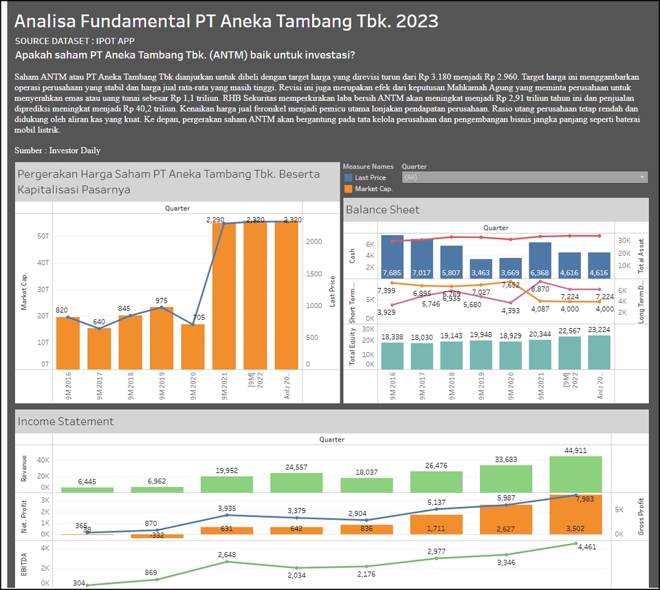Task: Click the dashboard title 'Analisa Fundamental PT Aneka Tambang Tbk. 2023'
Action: tap(226, 21)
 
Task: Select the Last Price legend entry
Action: tap(370, 177)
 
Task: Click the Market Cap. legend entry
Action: tap(373, 188)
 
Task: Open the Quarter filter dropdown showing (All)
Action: tap(524, 177)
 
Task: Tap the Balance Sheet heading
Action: tap(383, 210)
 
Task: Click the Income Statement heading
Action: tap(66, 421)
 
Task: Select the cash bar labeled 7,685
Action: tap(392, 258)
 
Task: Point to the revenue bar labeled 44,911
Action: tap(575, 474)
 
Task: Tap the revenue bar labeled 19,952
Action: tap(227, 484)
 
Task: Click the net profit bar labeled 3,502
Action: tap(575, 516)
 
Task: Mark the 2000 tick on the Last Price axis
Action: tap(313, 242)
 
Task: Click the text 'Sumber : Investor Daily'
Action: tap(58, 150)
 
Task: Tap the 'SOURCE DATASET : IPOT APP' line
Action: tap(69, 41)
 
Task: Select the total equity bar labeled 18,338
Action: tap(392, 355)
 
